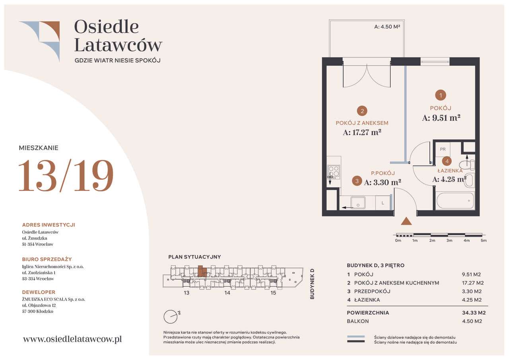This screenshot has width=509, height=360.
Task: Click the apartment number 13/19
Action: [66, 175]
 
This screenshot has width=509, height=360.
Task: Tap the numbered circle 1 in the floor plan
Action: [441, 95]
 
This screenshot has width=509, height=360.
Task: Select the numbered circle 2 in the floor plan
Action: [362, 111]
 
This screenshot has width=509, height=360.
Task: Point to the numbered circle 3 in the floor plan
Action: [357, 181]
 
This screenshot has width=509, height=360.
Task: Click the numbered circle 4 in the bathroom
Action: [447, 162]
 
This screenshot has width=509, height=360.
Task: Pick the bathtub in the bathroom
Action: [455, 200]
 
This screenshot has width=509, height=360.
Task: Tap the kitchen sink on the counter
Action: [358, 202]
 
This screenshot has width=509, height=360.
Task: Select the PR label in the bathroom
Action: [443, 149]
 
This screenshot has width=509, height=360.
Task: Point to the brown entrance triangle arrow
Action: [406, 221]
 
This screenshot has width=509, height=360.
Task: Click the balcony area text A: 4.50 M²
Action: [387, 27]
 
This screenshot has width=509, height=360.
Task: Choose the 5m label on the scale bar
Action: [484, 240]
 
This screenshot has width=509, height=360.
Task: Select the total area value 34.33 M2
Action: [474, 313]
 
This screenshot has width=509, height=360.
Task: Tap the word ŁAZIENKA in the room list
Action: [367, 300]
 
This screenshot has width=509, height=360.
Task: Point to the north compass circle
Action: [170, 317]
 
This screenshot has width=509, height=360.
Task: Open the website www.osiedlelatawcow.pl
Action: [72, 339]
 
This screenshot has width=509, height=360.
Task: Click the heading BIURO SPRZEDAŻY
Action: [47, 259]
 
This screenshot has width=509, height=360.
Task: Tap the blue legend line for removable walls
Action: [356, 337]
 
